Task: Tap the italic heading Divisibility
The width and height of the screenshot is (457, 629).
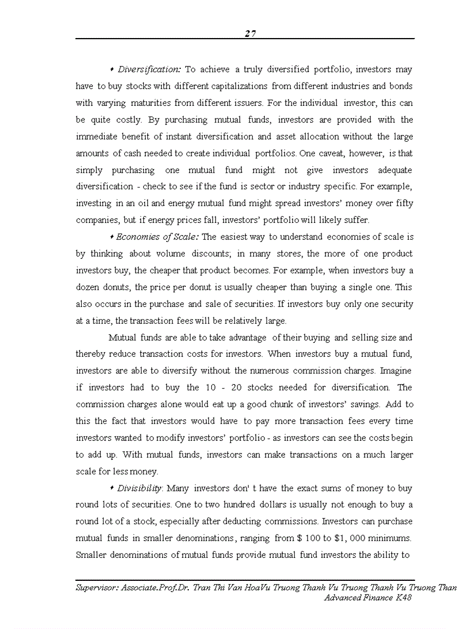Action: point(141,488)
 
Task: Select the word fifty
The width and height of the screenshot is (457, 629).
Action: point(403,203)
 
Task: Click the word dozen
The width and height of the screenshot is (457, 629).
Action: point(87,287)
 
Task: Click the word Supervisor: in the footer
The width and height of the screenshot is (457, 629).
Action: point(96,589)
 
